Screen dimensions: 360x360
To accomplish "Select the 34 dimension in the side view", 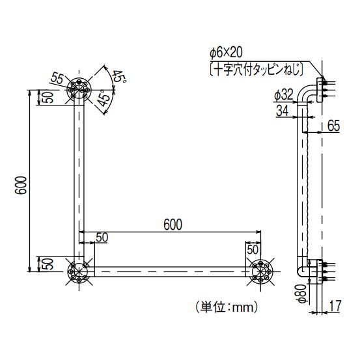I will (x=283, y=111).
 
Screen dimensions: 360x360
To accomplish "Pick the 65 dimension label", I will (x=333, y=126).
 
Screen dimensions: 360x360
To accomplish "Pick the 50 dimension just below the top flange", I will (x=48, y=97).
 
